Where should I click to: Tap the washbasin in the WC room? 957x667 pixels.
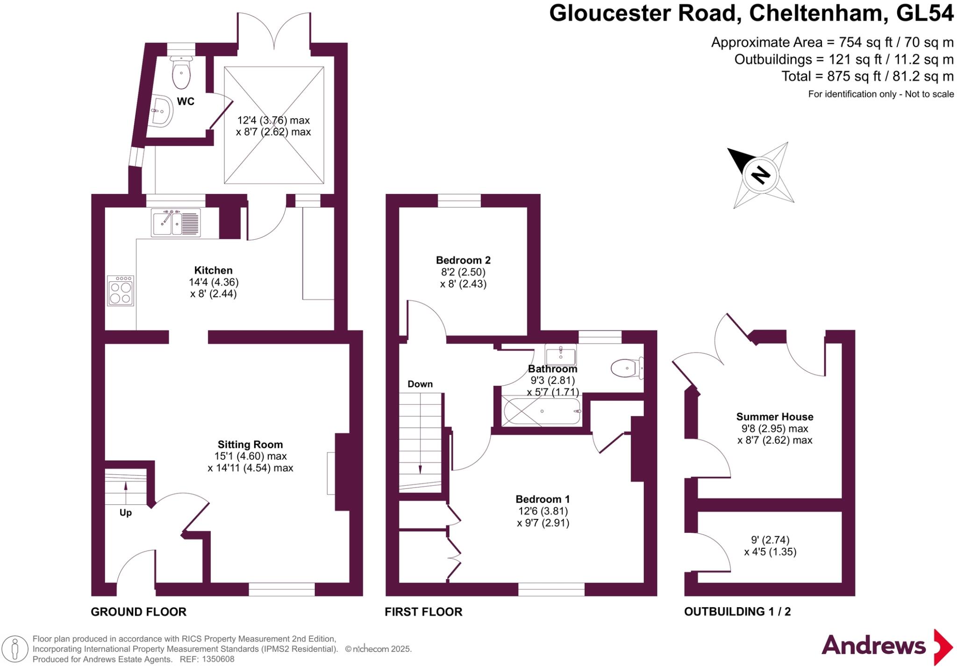pyautogui.click(x=161, y=111)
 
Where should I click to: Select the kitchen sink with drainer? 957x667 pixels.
pyautogui.click(x=176, y=222)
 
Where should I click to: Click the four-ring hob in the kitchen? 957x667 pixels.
pyautogui.click(x=121, y=291)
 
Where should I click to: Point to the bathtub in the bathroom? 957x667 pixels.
pyautogui.click(x=542, y=411)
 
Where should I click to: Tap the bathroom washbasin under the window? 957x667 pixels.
pyautogui.click(x=561, y=355)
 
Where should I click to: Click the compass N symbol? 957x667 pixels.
pyautogui.click(x=760, y=175)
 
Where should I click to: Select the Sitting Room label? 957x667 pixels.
pyautogui.click(x=250, y=445)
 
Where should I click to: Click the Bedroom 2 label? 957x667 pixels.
pyautogui.click(x=463, y=260)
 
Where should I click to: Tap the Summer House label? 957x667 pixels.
pyautogui.click(x=774, y=417)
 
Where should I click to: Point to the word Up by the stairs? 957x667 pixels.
pyautogui.click(x=126, y=513)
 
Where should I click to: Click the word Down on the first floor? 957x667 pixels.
pyautogui.click(x=420, y=384)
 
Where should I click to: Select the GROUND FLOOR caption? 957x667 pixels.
pyautogui.click(x=138, y=612)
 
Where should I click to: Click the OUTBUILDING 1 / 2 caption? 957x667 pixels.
pyautogui.click(x=737, y=612)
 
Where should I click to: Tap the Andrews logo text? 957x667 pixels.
pyautogui.click(x=873, y=646)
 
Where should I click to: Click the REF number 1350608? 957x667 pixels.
pyautogui.click(x=218, y=660)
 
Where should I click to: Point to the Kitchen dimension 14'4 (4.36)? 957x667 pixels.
pyautogui.click(x=214, y=282)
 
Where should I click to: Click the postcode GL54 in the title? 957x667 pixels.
pyautogui.click(x=924, y=13)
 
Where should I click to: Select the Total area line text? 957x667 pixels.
pyautogui.click(x=867, y=76)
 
